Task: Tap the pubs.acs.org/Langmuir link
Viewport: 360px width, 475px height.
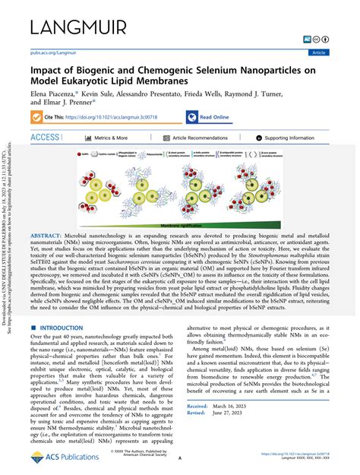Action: pos(51,53)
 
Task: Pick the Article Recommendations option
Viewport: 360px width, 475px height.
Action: pos(200,138)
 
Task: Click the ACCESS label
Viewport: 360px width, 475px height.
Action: pos(45,138)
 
